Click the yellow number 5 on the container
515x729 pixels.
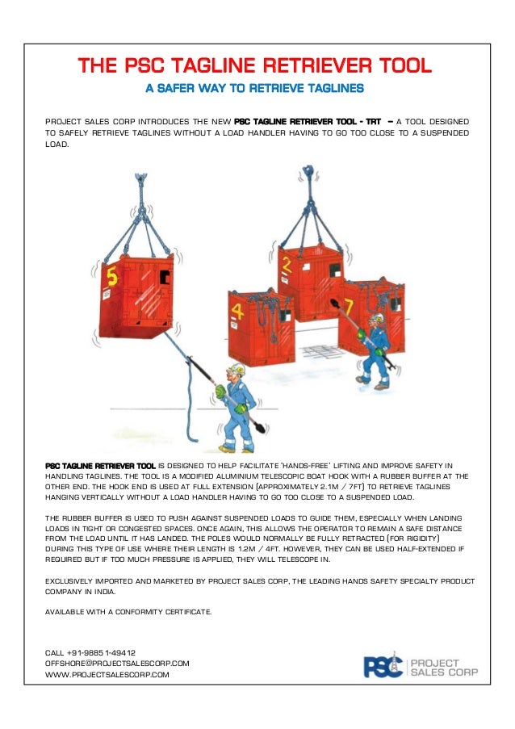[112, 278]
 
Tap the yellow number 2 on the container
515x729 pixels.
[285, 263]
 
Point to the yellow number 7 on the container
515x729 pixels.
[348, 305]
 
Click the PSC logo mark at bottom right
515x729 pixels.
[383, 666]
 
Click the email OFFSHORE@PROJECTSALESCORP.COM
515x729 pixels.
[117, 663]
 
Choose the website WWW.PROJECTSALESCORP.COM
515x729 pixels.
[107, 674]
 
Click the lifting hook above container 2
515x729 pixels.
[307, 172]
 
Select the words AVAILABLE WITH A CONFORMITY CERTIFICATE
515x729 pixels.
[129, 612]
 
